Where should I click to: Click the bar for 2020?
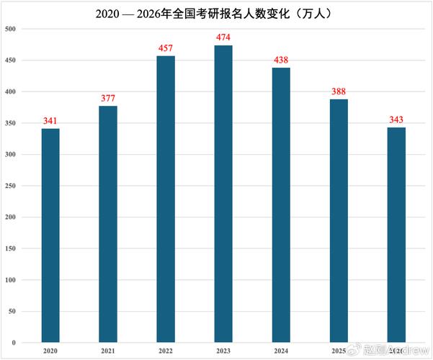50,235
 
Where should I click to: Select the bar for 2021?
108,223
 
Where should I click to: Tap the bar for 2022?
166,198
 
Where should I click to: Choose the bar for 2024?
281,204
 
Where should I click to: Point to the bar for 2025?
339,220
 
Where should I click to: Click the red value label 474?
223,37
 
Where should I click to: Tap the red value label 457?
166,48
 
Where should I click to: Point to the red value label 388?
339,91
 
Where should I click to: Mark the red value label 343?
396,120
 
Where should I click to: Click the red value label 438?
281,60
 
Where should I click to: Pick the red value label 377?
108,99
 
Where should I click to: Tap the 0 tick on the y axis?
14,342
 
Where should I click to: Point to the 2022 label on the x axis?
166,351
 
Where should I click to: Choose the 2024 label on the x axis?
281,351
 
